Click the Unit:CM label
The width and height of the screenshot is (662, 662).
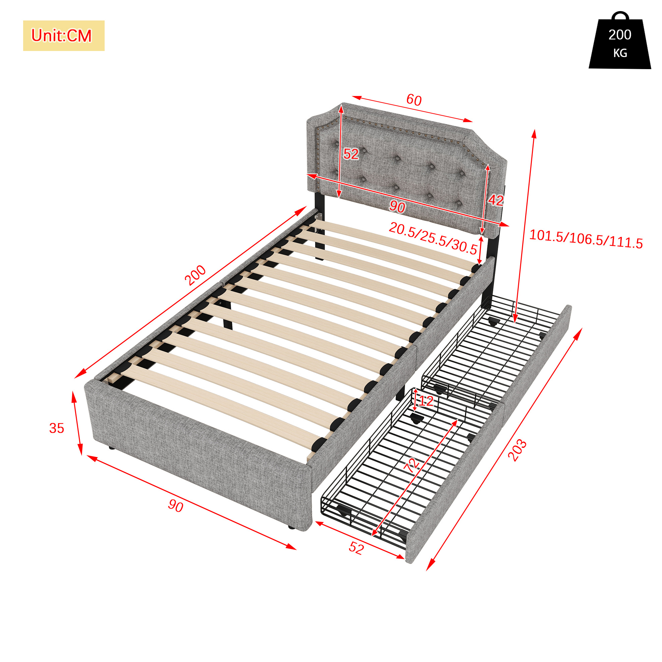(62, 36)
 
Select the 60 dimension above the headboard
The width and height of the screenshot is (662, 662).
(413, 100)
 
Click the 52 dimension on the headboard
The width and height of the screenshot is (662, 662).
(351, 154)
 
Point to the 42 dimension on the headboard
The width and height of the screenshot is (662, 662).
(496, 200)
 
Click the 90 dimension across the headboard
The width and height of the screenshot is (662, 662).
(397, 206)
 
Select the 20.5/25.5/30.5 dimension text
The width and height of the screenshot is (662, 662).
(433, 238)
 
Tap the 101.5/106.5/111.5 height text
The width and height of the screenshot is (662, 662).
(586, 239)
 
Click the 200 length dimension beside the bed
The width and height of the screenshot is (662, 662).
(195, 275)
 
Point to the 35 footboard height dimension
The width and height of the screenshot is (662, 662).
(57, 428)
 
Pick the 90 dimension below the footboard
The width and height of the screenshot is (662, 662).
(176, 506)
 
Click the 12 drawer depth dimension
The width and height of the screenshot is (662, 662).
(426, 401)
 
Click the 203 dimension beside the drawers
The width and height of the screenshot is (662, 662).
(517, 450)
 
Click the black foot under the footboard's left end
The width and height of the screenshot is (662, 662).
(111, 447)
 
